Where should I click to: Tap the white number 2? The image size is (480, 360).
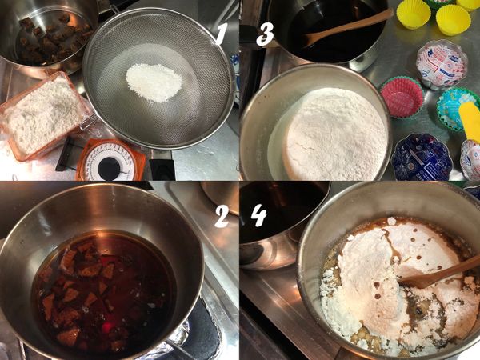221,214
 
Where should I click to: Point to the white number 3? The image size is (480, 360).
266,34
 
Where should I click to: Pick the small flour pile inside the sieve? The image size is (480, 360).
154,81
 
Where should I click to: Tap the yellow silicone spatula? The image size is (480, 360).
470,120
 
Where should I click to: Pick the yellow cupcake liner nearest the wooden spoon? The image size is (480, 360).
413,13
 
